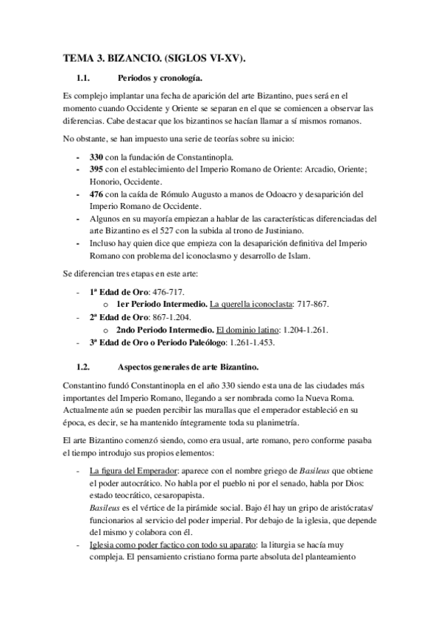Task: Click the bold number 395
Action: (96, 169)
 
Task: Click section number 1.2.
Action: (88, 366)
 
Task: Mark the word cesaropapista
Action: (168, 495)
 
